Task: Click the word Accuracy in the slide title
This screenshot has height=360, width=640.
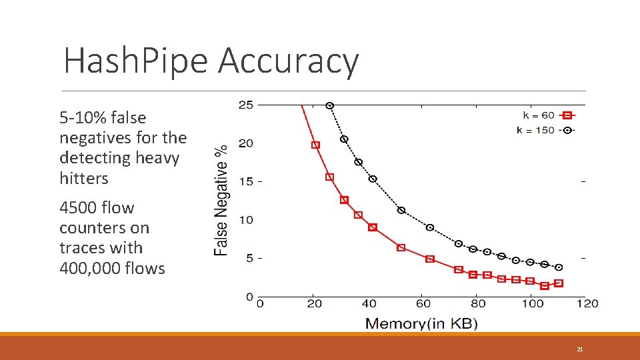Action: click(x=288, y=61)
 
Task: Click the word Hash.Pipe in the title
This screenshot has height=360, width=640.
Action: click(x=136, y=61)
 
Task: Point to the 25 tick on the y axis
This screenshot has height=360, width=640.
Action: click(x=246, y=105)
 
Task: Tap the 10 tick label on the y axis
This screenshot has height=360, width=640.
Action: click(x=246, y=220)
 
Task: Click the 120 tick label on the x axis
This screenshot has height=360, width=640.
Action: click(x=587, y=304)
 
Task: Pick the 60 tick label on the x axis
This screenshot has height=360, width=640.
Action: click(x=423, y=304)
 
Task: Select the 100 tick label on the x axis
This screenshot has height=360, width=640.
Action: click(x=532, y=304)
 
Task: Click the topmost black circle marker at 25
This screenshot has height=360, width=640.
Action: click(x=329, y=105)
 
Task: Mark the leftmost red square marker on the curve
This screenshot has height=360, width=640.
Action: click(x=315, y=145)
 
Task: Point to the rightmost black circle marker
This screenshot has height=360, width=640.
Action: click(x=559, y=267)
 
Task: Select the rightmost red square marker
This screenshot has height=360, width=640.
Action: click(x=559, y=283)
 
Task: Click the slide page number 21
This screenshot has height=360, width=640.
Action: click(x=580, y=349)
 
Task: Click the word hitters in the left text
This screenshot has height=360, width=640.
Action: click(x=83, y=179)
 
